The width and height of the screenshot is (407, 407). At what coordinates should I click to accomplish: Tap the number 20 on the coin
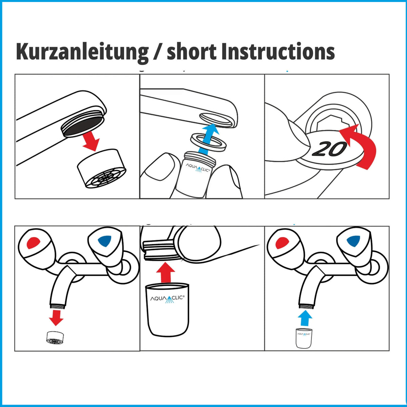(329, 149)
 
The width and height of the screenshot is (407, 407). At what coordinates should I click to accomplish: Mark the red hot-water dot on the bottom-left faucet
(34, 243)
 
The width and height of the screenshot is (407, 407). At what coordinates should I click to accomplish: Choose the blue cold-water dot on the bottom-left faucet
(105, 241)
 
